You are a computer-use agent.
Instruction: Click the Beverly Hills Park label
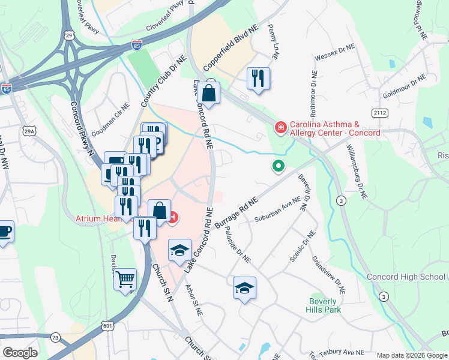325,305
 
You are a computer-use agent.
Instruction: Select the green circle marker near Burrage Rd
278,166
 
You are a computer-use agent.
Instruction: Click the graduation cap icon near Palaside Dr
244,289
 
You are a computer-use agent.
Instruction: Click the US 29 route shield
69,37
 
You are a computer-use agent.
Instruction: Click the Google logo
20,353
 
